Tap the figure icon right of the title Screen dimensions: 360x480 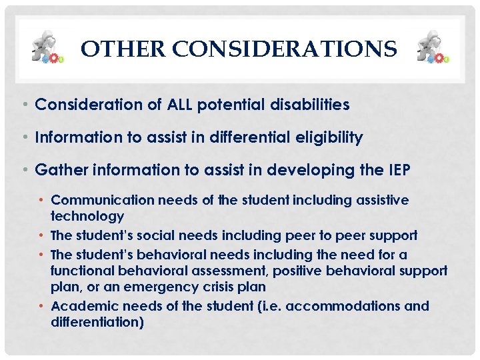click(432, 47)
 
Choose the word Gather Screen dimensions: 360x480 click(58, 171)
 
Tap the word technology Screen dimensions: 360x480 click(87, 216)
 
